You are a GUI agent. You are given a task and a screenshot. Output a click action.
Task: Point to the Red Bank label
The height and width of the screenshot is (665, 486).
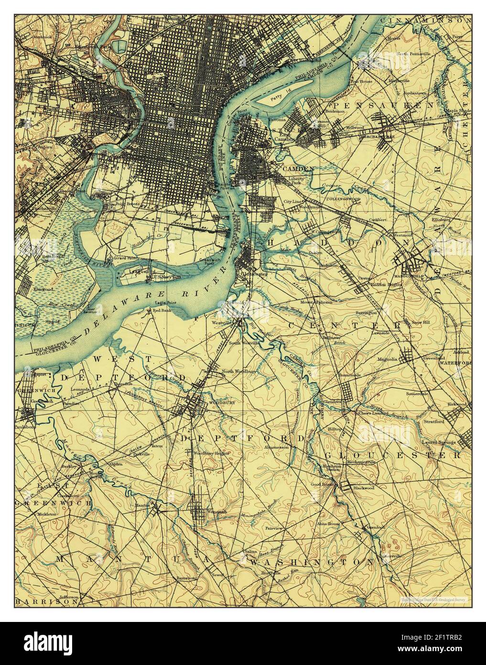(159, 311)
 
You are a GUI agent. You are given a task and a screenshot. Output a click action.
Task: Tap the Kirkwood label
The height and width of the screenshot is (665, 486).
(456, 404)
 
